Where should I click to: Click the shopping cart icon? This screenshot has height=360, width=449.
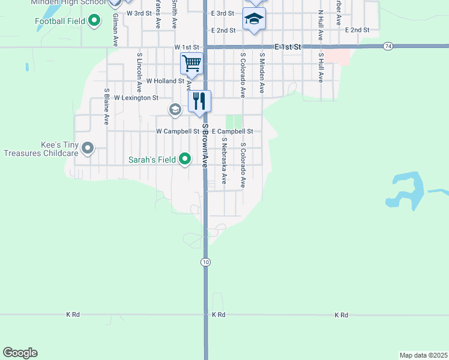191,62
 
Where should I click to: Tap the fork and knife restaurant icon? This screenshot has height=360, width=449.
200,100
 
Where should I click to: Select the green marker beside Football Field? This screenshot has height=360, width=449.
94,21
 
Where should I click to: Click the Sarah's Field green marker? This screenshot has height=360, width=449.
185,159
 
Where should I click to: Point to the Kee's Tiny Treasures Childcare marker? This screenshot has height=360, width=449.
88,148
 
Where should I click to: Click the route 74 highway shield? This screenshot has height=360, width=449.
388,46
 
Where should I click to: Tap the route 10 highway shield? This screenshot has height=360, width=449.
205,262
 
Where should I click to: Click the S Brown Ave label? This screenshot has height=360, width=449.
205,145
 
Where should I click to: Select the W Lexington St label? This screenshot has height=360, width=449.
136,97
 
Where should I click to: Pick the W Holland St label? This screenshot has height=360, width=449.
165,80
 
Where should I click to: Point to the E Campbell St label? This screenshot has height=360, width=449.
232,131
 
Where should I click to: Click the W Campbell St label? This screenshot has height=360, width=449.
178,131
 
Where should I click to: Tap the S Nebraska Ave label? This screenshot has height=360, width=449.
223,160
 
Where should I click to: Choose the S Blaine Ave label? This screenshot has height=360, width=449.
106,107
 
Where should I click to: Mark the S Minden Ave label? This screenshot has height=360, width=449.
262,72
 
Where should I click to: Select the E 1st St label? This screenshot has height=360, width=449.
289,46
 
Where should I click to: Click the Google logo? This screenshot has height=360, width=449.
20,353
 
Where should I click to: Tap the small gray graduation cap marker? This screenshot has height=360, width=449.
175,109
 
